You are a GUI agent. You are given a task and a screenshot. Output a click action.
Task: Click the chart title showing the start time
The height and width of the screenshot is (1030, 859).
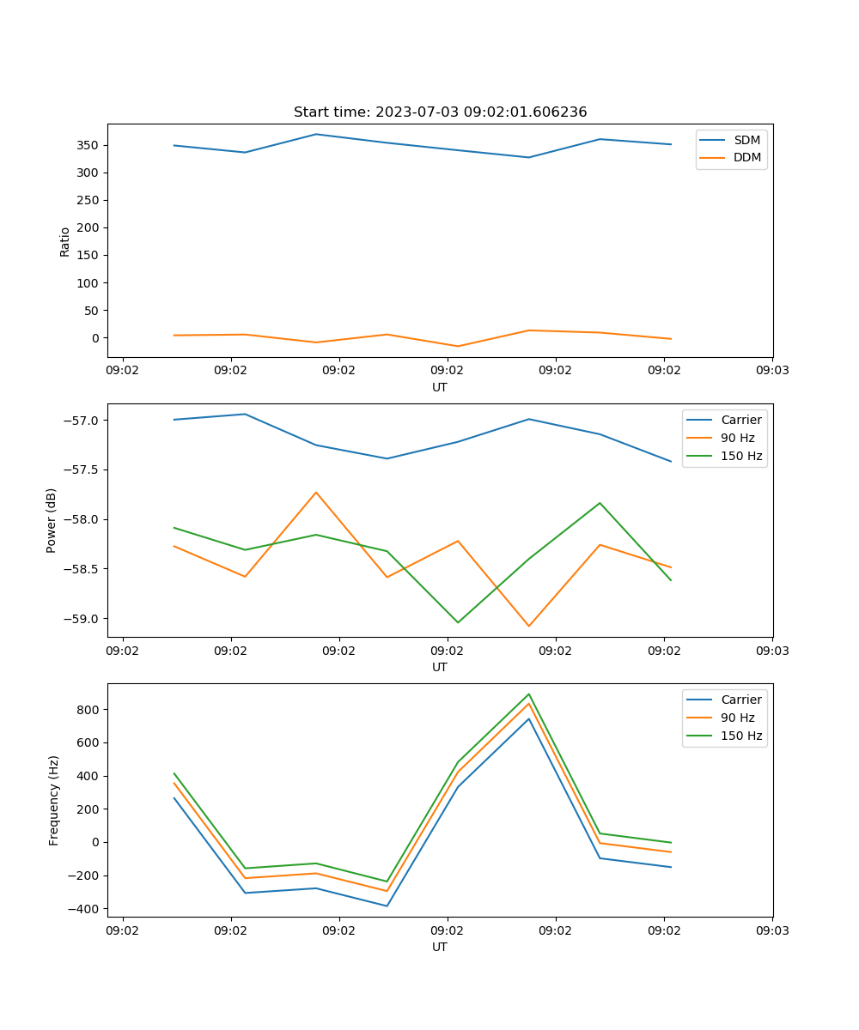pyautogui.click(x=440, y=112)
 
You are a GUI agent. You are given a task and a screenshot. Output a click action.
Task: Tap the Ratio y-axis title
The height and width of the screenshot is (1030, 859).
pyautogui.click(x=65, y=241)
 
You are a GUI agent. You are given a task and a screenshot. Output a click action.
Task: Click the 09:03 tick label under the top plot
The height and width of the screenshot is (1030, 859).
pyautogui.click(x=771, y=371)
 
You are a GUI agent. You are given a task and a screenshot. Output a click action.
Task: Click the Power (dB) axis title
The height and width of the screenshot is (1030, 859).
pyautogui.click(x=52, y=520)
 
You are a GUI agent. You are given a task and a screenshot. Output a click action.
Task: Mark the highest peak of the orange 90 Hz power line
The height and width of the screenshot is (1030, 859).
pyautogui.click(x=316, y=493)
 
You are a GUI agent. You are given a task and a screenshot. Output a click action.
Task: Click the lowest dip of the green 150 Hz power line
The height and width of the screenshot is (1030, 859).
pyautogui.click(x=458, y=622)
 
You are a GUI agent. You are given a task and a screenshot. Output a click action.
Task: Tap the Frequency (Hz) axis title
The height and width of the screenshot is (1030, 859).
pyautogui.click(x=54, y=800)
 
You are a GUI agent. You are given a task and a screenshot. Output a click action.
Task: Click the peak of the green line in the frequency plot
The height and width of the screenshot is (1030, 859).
pyautogui.click(x=529, y=694)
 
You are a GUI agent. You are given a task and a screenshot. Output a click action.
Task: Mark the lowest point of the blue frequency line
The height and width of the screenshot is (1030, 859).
pyautogui.click(x=387, y=906)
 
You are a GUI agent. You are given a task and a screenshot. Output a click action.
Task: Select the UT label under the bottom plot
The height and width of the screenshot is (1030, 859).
pyautogui.click(x=440, y=947)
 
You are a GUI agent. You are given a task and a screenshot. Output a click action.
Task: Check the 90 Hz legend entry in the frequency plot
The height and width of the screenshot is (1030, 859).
pyautogui.click(x=738, y=718)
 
